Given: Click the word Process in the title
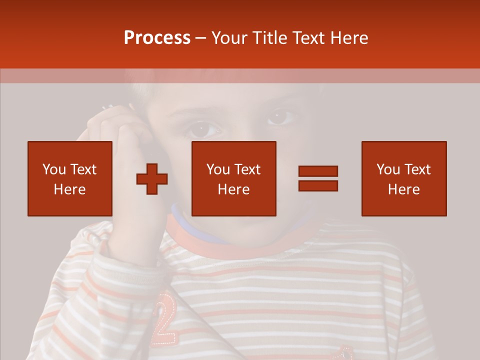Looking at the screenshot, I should [157, 38].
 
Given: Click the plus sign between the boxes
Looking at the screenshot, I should [152, 179].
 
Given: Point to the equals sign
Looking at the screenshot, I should [318, 178].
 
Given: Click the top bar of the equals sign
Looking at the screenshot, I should [318, 171].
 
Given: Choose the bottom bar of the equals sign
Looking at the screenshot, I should [318, 185].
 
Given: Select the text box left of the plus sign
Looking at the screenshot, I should [70, 178].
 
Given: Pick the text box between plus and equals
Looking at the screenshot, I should [234, 178].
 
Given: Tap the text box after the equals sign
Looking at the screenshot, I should [404, 178].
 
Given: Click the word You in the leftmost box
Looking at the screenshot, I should [53, 169].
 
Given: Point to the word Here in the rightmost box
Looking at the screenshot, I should [404, 189].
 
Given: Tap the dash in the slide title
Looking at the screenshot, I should [201, 38].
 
